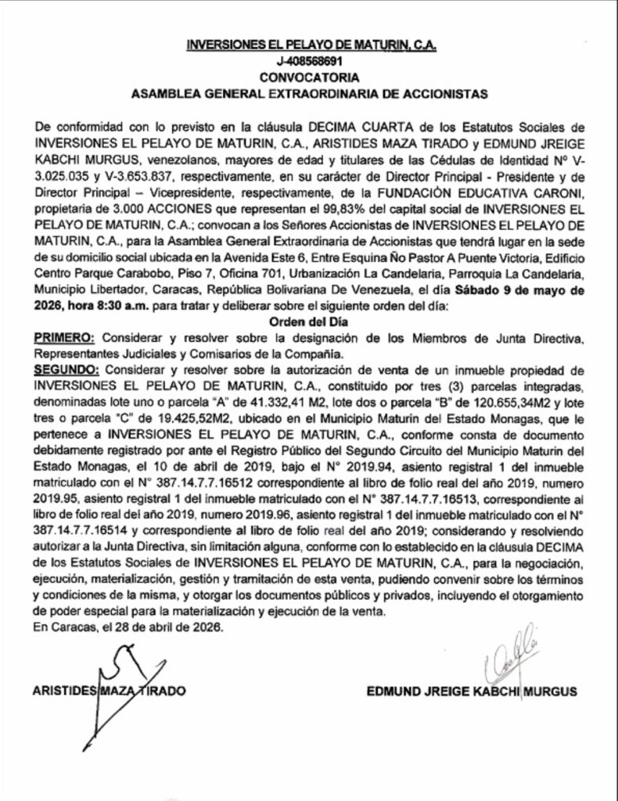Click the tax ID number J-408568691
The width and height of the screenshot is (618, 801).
[311, 62]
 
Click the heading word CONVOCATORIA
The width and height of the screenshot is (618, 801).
[311, 77]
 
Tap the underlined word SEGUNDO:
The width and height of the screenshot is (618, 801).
[67, 368]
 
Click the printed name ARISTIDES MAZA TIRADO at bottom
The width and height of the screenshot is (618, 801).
[110, 692]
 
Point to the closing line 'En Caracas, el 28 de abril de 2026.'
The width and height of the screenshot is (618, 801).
[128, 628]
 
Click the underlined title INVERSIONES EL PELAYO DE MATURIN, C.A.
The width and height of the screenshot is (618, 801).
[311, 46]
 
